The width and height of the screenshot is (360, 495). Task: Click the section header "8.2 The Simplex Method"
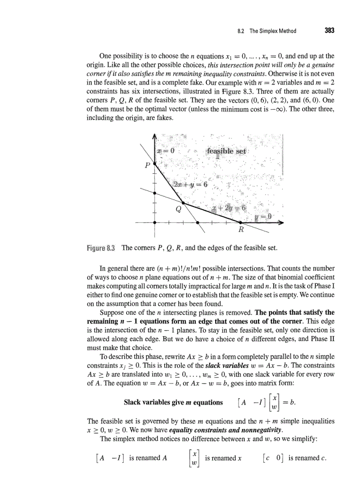(266, 31)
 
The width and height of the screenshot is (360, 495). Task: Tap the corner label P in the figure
(147, 166)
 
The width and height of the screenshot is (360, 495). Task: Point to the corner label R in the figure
(241, 230)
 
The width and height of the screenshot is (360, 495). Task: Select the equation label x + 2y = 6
(230, 208)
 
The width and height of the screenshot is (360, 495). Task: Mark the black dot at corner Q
(184, 203)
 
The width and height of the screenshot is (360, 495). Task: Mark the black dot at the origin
(154, 223)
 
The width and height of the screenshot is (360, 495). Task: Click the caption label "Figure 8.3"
(101, 248)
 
